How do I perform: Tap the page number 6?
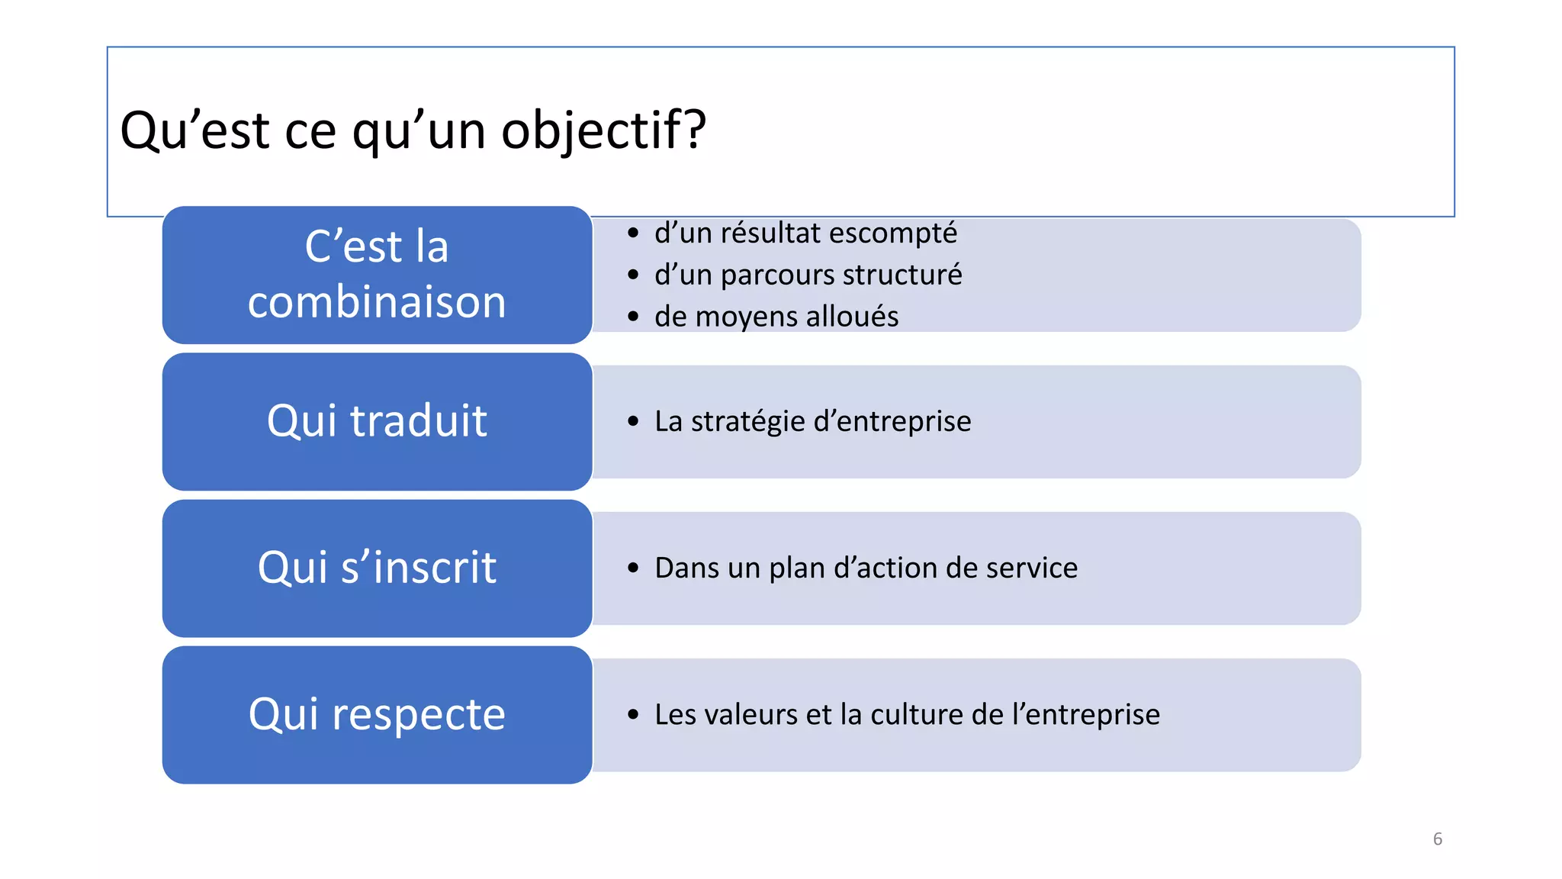[1437, 839]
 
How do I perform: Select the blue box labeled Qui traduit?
[377, 421]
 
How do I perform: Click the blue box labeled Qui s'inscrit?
[377, 568]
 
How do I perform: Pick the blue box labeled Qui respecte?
[377, 715]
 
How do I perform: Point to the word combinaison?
[377, 301]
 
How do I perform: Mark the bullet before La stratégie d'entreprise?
[633, 421]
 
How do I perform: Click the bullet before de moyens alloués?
[633, 317]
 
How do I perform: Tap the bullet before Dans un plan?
[633, 568]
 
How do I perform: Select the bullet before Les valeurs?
[633, 715]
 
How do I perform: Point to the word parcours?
[770, 275]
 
